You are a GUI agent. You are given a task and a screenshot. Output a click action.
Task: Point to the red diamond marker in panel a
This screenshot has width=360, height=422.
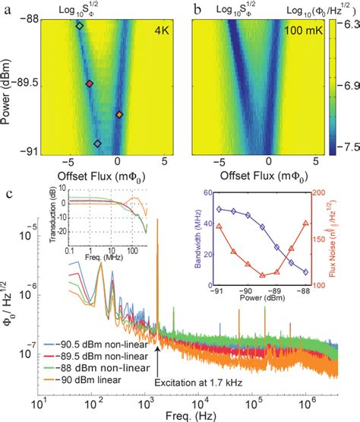pyautogui.click(x=89, y=84)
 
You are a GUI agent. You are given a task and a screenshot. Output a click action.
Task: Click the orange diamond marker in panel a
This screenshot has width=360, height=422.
pyautogui.click(x=119, y=115)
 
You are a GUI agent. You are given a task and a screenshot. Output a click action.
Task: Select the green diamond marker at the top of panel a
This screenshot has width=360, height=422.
pyautogui.click(x=80, y=26)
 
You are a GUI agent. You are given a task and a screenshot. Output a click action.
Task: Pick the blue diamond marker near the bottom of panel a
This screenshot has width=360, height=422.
pyautogui.click(x=97, y=143)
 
